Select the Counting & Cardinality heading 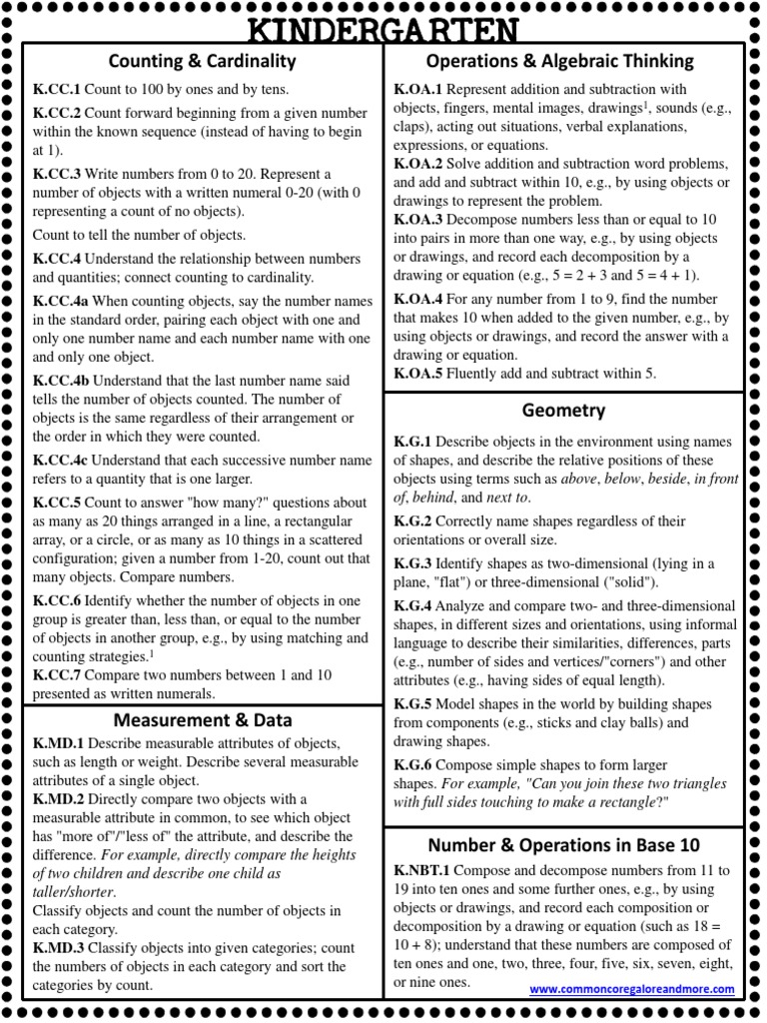tap(203, 61)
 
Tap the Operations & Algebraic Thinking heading tap(559, 61)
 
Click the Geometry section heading tap(563, 411)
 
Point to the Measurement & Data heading tap(203, 719)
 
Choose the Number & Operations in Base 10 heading tap(563, 844)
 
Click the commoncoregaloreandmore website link tap(631, 989)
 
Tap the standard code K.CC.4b tap(62, 381)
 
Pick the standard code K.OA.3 tap(418, 219)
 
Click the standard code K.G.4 tap(412, 605)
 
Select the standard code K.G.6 tap(412, 764)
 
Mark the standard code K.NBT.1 tap(423, 870)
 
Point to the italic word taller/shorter tap(74, 891)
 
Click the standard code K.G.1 tap(412, 442)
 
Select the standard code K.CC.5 tap(57, 503)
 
